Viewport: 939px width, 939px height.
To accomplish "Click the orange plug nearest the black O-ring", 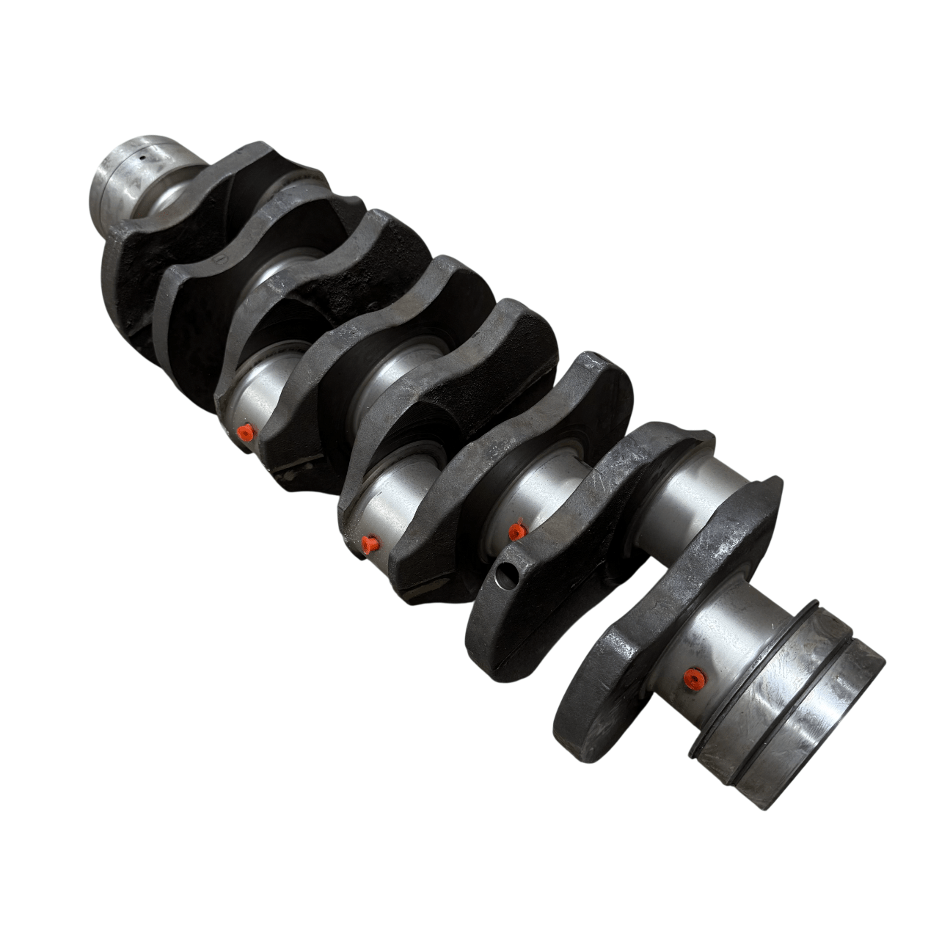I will pyautogui.click(x=690, y=678).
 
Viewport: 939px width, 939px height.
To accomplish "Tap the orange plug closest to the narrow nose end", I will pyautogui.click(x=246, y=433).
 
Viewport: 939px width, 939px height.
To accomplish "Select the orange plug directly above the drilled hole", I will pyautogui.click(x=517, y=530).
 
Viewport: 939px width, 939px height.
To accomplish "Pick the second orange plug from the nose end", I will pyautogui.click(x=369, y=543).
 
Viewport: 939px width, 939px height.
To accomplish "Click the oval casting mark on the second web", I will pyautogui.click(x=217, y=260).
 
